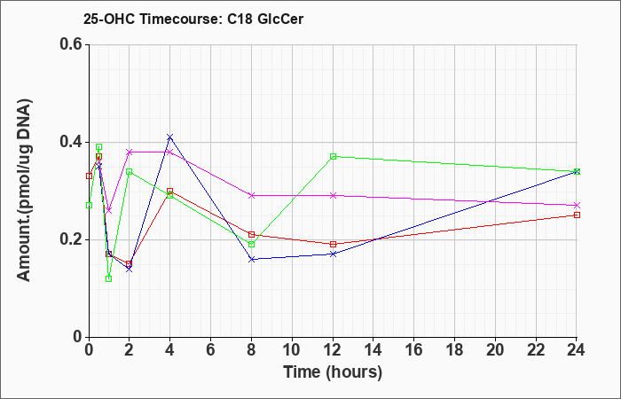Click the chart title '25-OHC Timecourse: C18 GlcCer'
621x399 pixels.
(x=193, y=19)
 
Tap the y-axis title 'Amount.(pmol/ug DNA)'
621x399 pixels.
(x=24, y=190)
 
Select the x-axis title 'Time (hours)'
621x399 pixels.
(x=333, y=372)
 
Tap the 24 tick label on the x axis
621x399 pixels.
(x=577, y=350)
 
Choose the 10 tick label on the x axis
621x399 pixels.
(x=292, y=350)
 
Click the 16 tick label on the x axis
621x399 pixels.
(x=414, y=350)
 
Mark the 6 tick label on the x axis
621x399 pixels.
(x=211, y=350)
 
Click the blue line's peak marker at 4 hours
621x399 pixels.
(x=170, y=137)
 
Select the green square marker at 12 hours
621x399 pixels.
(x=333, y=156)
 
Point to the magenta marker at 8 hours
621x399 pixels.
(x=251, y=196)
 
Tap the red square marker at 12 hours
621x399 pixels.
(x=333, y=244)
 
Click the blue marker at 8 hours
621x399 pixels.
(x=251, y=259)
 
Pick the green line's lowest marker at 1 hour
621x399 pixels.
(x=109, y=278)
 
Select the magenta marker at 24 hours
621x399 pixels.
(x=577, y=206)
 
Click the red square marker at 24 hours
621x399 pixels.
(x=577, y=215)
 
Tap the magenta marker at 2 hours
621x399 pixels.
(x=130, y=152)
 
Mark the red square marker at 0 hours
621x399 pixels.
(x=89, y=176)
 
